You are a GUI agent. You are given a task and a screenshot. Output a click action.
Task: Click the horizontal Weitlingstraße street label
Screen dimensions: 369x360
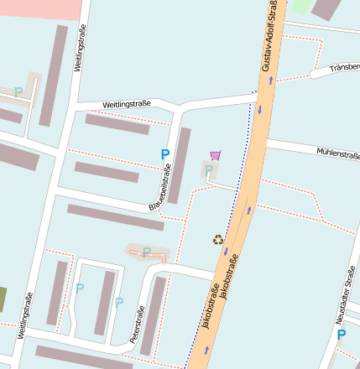(127, 104)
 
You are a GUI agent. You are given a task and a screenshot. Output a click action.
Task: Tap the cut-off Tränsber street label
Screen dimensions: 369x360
(344, 66)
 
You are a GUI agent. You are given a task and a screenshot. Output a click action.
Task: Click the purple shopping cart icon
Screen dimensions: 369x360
(216, 155)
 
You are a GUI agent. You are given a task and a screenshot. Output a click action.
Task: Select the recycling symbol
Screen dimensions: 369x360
(218, 240)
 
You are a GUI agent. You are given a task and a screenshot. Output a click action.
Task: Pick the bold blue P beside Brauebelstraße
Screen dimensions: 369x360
(165, 154)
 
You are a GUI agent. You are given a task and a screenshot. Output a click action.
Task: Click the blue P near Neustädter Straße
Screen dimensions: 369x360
(342, 335)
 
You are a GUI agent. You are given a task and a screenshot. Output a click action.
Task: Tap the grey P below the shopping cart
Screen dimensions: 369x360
(208, 170)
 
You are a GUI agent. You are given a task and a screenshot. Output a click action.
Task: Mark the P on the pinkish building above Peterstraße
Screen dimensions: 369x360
(147, 252)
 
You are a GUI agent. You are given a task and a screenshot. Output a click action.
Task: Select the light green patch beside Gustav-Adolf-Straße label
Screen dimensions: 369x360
(300, 6)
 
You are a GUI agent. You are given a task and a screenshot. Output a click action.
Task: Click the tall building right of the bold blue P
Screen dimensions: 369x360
(180, 165)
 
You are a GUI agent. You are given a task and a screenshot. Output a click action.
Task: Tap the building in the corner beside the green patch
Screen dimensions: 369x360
(326, 9)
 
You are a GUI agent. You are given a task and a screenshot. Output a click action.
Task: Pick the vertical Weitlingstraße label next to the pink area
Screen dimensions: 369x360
(81, 48)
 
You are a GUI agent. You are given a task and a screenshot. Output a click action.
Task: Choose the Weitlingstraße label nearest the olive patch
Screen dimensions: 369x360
(25, 315)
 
